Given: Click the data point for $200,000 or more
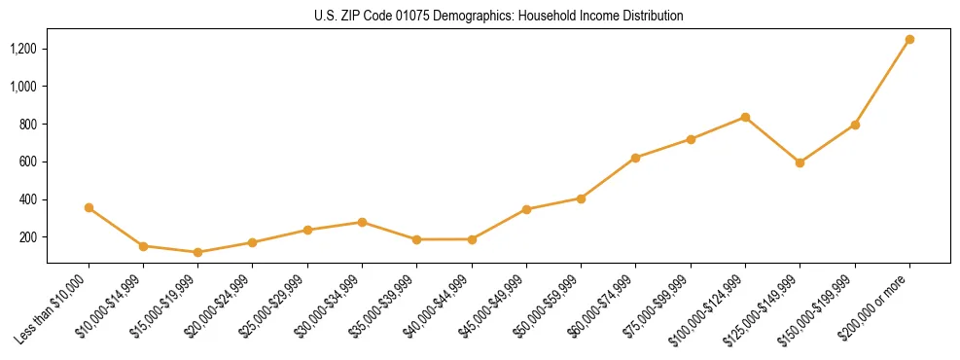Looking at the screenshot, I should (909, 40).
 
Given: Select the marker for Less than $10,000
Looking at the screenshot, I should (89, 207).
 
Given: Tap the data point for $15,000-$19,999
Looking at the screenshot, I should (198, 252).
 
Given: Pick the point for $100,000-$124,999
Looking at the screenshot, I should (745, 117).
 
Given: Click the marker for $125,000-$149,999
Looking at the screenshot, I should (800, 162).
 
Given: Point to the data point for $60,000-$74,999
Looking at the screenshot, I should (636, 158).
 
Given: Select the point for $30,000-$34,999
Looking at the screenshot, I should (362, 222).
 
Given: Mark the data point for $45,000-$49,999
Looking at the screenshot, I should (526, 209).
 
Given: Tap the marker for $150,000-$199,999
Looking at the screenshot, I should (855, 125).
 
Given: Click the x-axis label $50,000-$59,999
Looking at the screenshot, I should (548, 306).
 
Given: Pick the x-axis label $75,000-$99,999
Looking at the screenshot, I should (658, 306).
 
